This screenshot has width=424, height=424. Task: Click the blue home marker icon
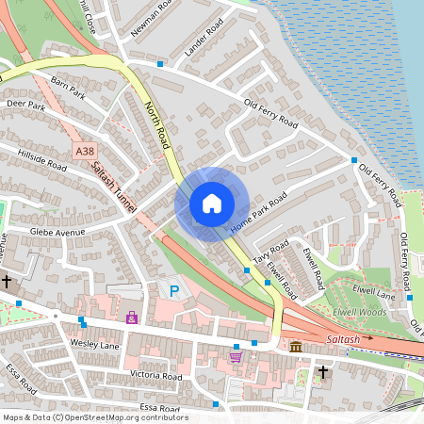tap(212, 203)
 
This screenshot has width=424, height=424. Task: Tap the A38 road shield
tap(84, 150)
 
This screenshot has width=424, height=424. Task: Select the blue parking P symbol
tap(173, 291)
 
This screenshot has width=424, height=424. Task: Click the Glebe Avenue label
tap(57, 232)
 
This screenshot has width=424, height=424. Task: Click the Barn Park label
tap(69, 87)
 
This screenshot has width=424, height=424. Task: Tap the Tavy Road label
tap(271, 251)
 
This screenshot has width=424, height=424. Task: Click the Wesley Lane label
tap(95, 345)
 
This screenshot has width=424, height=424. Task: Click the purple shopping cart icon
tap(235, 355)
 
